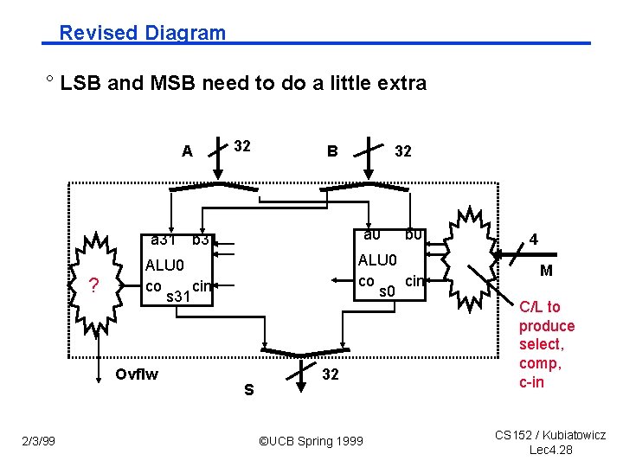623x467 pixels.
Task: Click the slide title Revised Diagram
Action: [x=142, y=33]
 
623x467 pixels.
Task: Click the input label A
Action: [x=187, y=151]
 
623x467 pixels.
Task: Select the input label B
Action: [x=331, y=151]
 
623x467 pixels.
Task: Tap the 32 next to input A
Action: [x=241, y=146]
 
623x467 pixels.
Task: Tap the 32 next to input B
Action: [x=402, y=151]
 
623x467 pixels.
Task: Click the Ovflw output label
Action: [x=137, y=374]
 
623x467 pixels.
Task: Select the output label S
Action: [x=248, y=390]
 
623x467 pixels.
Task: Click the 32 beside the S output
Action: [x=331, y=374]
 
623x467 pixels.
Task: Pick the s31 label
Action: [x=177, y=297]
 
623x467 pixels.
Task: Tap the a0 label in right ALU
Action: [x=371, y=234]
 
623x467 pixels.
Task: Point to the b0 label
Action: [x=413, y=234]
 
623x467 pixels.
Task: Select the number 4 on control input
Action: [x=534, y=239]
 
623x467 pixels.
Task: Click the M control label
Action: [x=546, y=272]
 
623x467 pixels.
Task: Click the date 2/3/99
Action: [x=38, y=442]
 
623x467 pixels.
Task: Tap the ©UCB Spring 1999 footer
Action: [x=311, y=442]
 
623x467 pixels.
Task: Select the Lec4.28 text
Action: [x=550, y=450]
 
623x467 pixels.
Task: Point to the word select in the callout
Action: [x=541, y=344]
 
